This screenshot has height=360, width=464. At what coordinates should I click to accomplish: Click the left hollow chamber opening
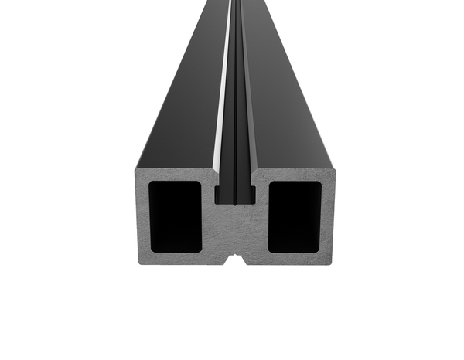coord(175,217)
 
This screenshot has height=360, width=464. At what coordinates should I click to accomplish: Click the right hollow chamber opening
coord(295,217)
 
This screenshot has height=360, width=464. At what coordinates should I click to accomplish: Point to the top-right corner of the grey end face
coord(333,165)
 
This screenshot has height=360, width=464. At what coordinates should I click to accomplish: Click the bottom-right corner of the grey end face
coord(333,263)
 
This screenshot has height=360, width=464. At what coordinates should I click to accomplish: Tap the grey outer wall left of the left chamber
coord(143,217)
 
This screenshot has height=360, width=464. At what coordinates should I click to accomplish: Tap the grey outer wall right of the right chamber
coord(328,217)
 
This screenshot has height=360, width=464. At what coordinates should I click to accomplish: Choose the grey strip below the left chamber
coord(175,258)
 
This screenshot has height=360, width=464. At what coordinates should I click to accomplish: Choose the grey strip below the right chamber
coord(295,258)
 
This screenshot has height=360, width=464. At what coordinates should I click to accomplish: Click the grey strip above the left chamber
coord(175,175)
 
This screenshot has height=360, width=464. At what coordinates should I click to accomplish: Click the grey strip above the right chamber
coord(295,175)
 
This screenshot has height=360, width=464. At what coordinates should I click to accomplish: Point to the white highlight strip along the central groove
coord(227,93)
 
